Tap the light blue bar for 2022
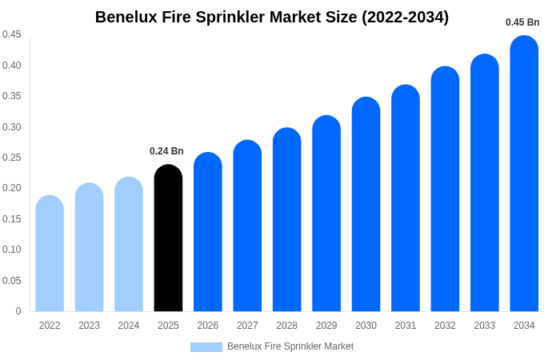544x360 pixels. [x=50, y=254]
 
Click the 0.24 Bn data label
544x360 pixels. [x=166, y=151]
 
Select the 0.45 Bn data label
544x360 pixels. [x=522, y=22]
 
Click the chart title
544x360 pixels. [x=272, y=17]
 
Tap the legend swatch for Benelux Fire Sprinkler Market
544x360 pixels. [x=206, y=347]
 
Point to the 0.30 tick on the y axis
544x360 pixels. [x=12, y=127]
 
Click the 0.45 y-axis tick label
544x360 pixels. [x=12, y=34]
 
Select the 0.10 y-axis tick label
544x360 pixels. [x=12, y=250]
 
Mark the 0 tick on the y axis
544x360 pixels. [x=18, y=311]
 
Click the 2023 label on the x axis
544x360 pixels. [x=89, y=326]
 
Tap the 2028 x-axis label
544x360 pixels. [x=286, y=326]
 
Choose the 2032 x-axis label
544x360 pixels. [x=445, y=326]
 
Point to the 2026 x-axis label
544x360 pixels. [x=208, y=326]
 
